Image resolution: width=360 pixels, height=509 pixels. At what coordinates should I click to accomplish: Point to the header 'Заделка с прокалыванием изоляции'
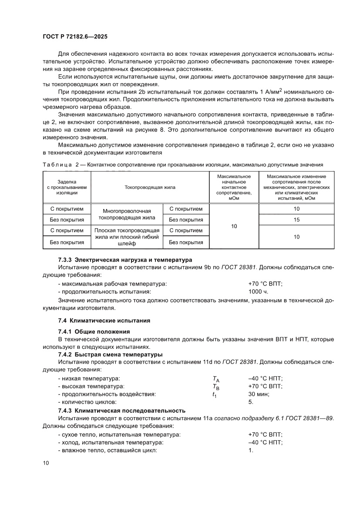coord(67,187)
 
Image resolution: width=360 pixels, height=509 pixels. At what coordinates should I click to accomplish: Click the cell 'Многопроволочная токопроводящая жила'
coord(127,214)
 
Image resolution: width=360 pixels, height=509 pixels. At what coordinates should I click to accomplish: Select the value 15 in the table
coord(296,219)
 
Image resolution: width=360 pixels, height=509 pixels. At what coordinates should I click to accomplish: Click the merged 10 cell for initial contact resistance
coord(234,226)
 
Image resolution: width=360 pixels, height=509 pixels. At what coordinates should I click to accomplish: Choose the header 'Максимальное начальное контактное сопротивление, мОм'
coord(234,187)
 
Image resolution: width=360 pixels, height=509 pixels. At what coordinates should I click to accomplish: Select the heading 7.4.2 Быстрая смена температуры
coord(110,354)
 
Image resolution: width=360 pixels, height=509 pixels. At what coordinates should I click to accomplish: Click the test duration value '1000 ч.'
coord(258,291)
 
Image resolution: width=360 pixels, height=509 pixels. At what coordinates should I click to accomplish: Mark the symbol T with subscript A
coord(215,379)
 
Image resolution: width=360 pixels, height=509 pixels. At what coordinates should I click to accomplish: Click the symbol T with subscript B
coord(215,387)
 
